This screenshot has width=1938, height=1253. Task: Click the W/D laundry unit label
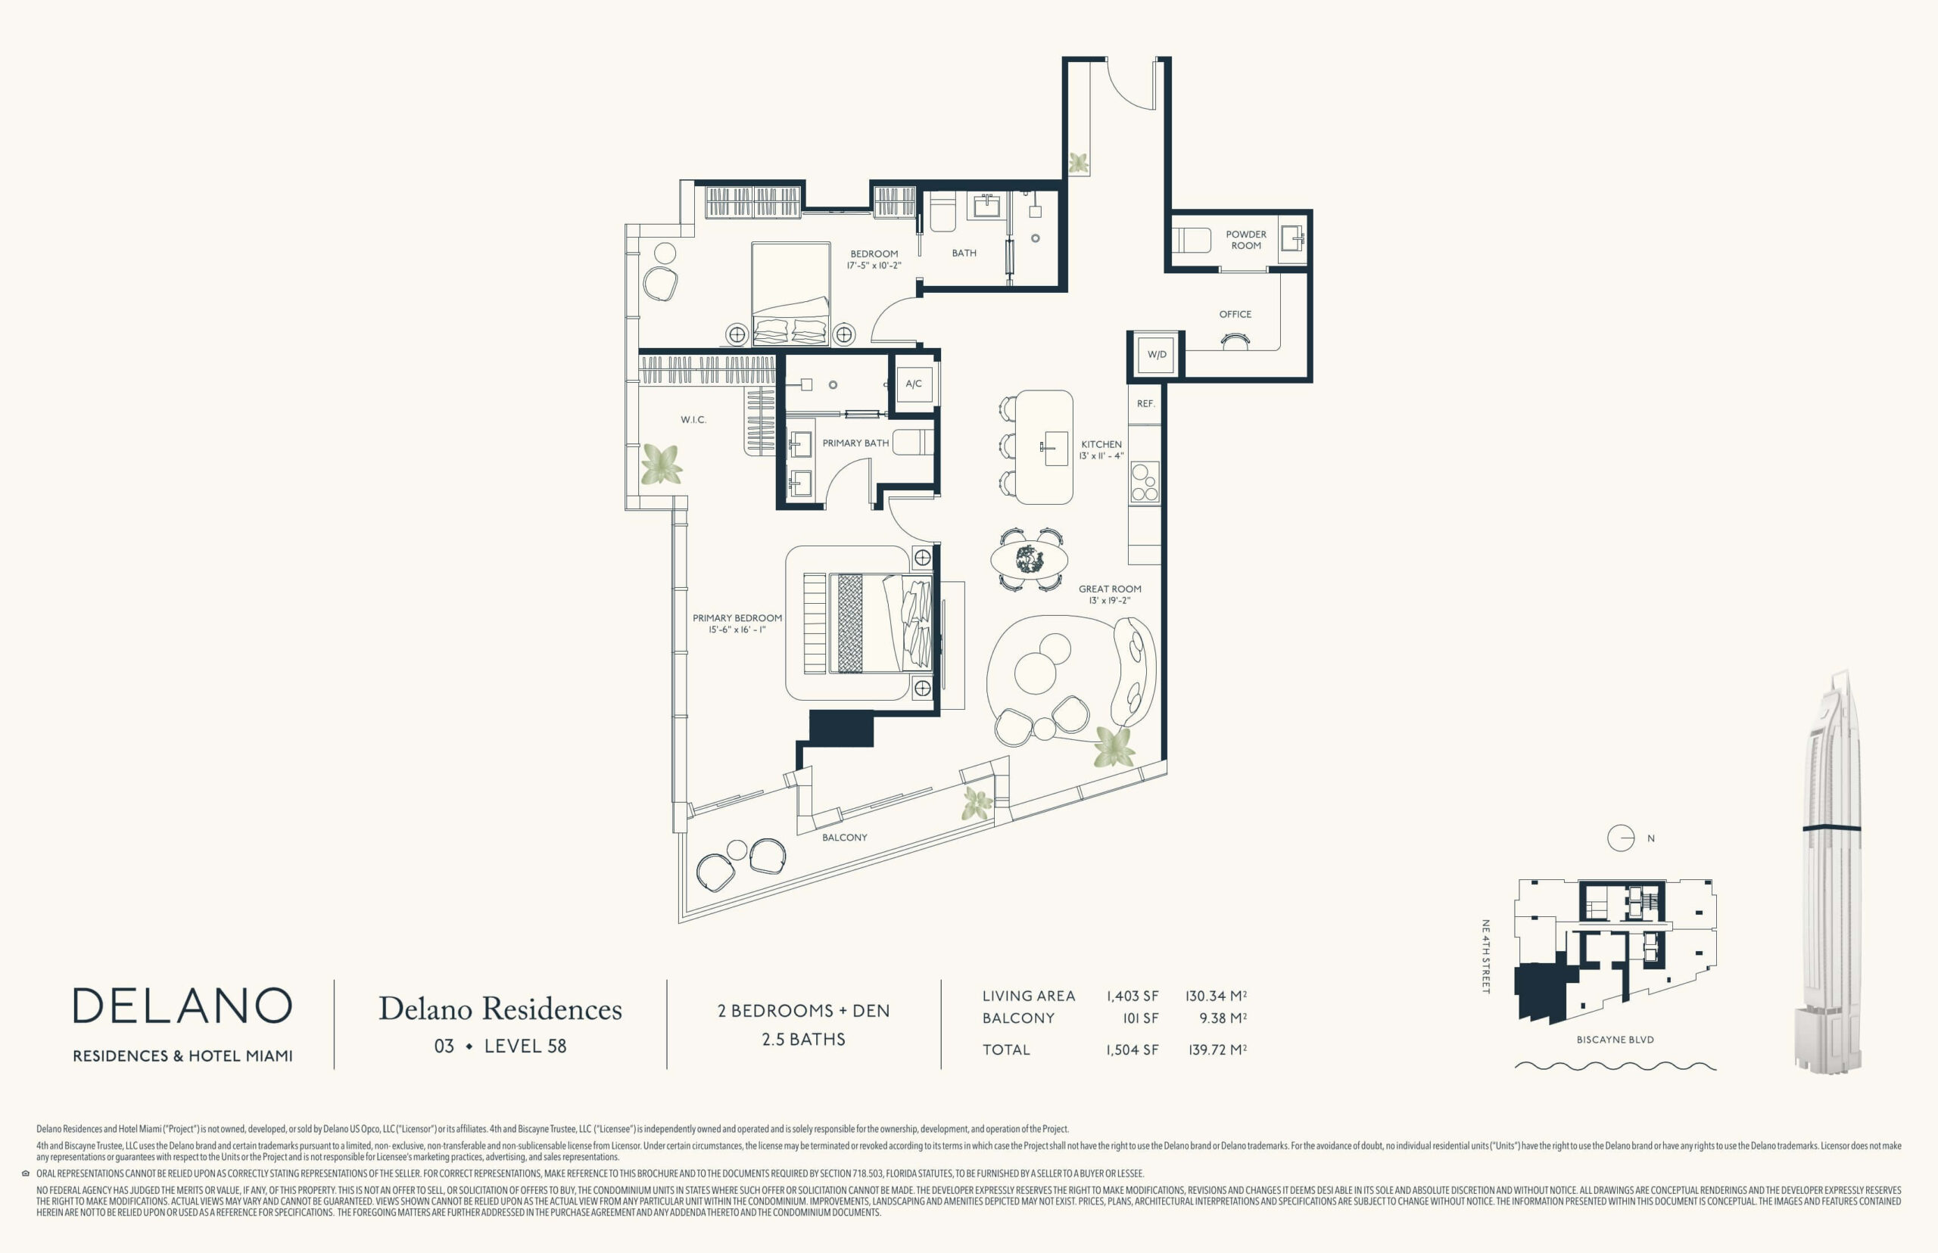(1157, 355)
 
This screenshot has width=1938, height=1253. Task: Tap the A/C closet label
(913, 384)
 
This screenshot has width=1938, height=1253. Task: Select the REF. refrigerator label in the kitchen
(1146, 403)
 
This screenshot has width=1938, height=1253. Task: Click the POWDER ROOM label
(1246, 240)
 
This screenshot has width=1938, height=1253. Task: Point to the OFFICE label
(1235, 314)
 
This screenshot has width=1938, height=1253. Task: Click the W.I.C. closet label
(693, 420)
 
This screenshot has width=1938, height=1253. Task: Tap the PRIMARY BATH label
(855, 443)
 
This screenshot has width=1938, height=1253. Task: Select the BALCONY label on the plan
(845, 838)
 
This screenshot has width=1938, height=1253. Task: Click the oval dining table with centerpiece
(1030, 560)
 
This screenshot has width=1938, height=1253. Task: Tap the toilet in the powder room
(1190, 241)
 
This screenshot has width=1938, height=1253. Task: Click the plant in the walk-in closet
(661, 465)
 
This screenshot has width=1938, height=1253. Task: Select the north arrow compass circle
(1621, 838)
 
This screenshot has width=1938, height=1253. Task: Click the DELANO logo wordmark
(182, 1006)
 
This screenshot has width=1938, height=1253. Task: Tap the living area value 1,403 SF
(1133, 996)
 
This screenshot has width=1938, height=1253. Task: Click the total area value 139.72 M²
(1217, 1049)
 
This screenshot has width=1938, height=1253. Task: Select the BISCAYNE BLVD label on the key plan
(1615, 1040)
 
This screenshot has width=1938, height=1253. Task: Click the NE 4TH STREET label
(1485, 957)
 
